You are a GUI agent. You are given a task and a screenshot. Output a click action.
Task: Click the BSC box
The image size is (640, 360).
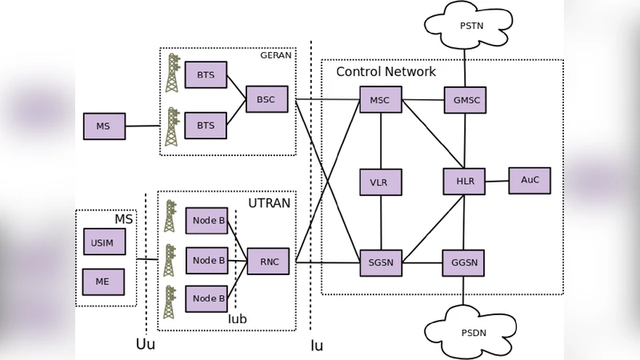266,99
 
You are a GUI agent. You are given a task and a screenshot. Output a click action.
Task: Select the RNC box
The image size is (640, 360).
268,262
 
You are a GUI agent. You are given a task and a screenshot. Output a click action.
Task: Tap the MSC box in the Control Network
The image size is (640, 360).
381,100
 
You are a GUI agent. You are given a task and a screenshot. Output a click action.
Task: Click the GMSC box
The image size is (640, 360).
465,101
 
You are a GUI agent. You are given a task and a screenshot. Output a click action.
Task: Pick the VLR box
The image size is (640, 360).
380,182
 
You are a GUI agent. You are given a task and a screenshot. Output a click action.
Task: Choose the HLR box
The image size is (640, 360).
464,182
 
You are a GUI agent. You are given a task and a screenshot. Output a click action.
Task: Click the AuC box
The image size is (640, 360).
529,180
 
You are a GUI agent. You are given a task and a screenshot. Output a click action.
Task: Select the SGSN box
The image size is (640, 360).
381,262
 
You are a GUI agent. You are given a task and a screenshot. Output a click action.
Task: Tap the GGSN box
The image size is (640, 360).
463,262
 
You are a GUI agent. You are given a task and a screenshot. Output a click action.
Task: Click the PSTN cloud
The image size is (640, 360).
470,26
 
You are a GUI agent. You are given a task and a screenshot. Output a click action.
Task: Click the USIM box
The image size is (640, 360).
104,242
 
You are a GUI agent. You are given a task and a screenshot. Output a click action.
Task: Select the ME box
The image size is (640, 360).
103,282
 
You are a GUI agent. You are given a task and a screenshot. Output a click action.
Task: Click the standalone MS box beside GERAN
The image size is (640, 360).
104,126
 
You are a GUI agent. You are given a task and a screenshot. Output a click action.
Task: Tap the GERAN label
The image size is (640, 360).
277,56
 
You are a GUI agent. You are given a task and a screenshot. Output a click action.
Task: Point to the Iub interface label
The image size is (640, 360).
238,319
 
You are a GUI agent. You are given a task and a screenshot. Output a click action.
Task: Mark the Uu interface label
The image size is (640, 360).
146,345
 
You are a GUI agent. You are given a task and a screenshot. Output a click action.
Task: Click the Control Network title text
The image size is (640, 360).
386,72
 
